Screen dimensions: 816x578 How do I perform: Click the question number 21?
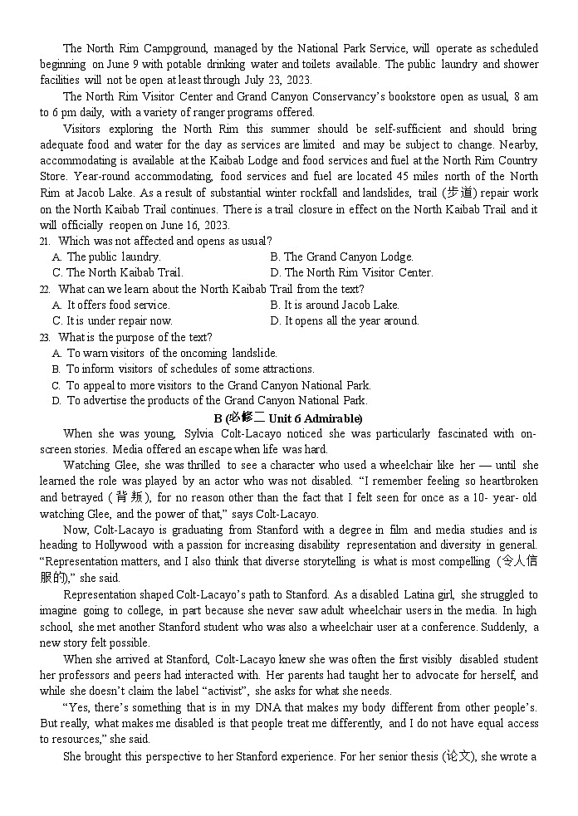coord(44,241)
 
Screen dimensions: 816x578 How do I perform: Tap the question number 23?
coord(44,337)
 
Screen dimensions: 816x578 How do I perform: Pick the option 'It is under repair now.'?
coord(112,320)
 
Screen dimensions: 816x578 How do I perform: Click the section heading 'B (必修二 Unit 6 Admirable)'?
coord(288,418)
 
